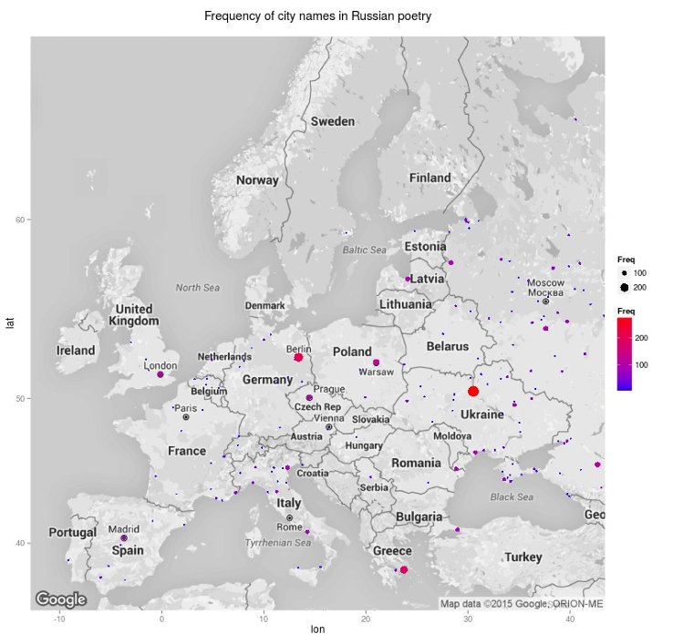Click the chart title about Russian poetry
pos(317,16)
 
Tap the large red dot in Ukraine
pos(473,391)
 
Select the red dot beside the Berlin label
pos(298,357)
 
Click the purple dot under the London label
pos(160,374)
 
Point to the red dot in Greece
pos(404,569)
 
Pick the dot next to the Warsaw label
pos(376,363)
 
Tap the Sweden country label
pos(332,121)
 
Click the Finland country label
pos(430,178)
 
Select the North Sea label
pos(198,288)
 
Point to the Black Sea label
pos(512,497)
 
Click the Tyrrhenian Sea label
pos(278,543)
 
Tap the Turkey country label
pos(523,557)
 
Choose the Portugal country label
pos(72,532)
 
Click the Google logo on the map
pos(61,598)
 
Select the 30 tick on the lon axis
pos(468,619)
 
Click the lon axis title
pos(317,629)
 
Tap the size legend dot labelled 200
pos(625,288)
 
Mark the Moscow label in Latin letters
pos(546,282)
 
